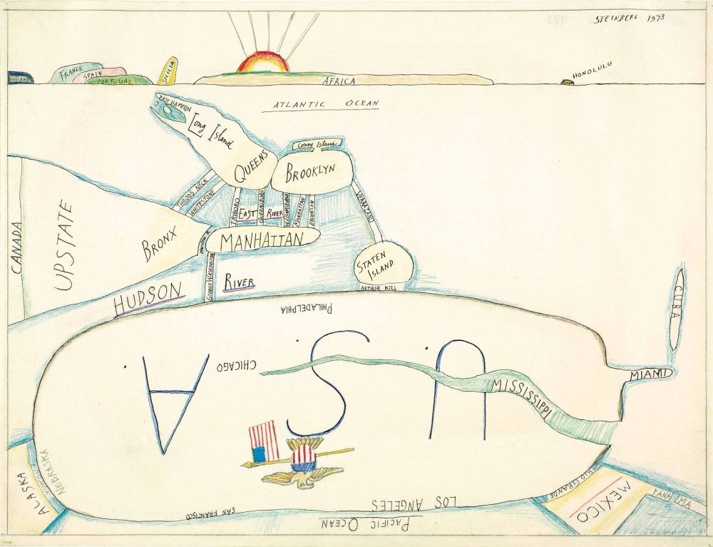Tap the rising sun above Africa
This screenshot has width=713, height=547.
click(x=263, y=63)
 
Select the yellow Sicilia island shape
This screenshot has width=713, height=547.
click(x=169, y=71)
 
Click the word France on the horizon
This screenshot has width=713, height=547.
click(x=71, y=71)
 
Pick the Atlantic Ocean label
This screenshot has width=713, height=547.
click(x=325, y=105)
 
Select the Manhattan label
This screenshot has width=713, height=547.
click(x=262, y=241)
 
